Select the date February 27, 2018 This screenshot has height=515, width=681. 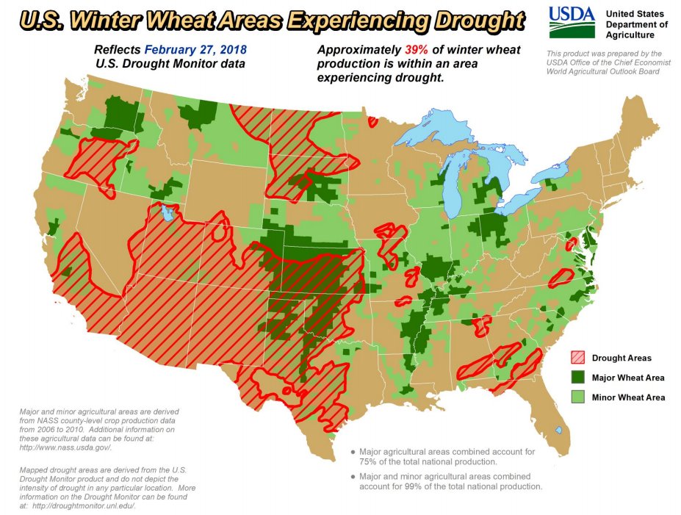click(195, 50)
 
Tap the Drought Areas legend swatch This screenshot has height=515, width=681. click(578, 358)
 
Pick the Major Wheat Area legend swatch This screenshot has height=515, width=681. click(578, 378)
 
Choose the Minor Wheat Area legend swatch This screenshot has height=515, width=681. click(578, 397)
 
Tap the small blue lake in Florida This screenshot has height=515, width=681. click(559, 430)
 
